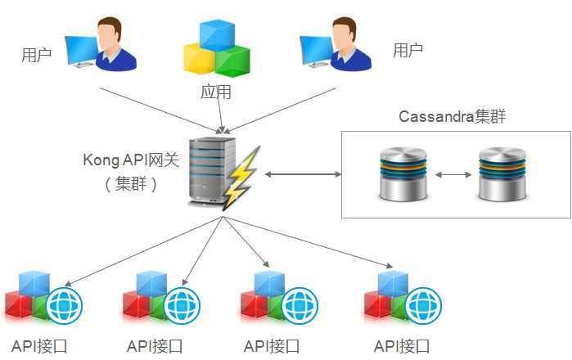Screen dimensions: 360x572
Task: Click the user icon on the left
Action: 102,46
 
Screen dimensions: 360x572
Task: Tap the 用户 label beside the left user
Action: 36,56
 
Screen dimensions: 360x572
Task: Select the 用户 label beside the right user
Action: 408,51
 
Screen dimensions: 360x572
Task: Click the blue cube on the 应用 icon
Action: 217,34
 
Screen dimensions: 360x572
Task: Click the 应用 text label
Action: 216,92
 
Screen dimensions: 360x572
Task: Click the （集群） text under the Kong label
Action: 130,183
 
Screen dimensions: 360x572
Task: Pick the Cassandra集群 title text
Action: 452,116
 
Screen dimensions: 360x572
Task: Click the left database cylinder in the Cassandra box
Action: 403,173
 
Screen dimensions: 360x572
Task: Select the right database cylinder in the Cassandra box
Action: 502,173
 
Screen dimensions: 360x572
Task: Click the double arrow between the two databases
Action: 452,174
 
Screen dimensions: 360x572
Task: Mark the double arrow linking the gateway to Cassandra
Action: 302,174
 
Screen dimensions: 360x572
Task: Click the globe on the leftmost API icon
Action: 64,305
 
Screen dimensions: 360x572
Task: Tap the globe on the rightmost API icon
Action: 424,305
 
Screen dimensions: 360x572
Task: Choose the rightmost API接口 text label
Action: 402,346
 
